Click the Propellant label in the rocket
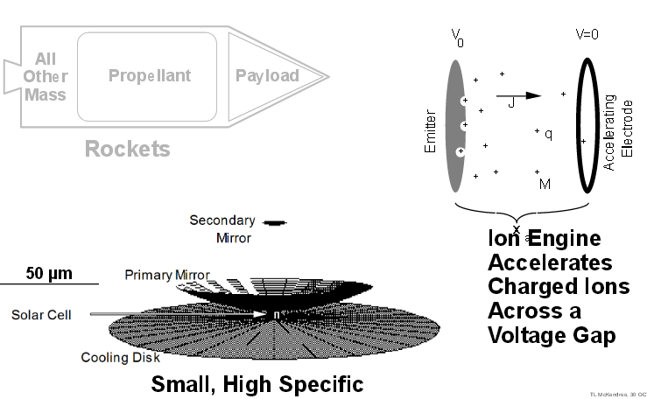148,75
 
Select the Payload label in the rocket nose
267,75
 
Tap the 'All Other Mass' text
46,76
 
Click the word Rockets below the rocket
127,150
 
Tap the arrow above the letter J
520,95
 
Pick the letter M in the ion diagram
545,184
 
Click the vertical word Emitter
430,136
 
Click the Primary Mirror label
166,275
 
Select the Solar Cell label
41,314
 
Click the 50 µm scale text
49,273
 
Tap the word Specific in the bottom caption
318,384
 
